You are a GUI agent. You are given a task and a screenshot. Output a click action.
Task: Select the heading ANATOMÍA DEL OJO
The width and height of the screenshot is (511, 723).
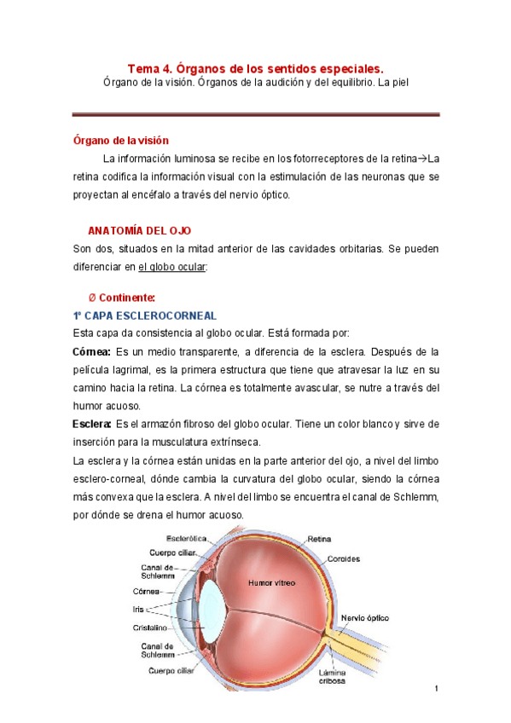coord(140,231)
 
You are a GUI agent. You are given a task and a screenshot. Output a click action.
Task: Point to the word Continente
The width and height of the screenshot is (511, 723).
coord(127,298)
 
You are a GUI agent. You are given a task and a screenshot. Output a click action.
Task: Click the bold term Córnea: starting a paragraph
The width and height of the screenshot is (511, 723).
coord(91,352)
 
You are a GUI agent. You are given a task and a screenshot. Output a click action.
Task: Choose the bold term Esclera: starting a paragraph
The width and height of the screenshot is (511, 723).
coord(91,424)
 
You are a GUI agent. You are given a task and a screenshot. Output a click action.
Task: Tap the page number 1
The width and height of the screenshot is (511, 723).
coord(435,688)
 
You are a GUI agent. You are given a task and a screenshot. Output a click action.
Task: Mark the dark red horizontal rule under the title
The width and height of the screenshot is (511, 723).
coord(255,114)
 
